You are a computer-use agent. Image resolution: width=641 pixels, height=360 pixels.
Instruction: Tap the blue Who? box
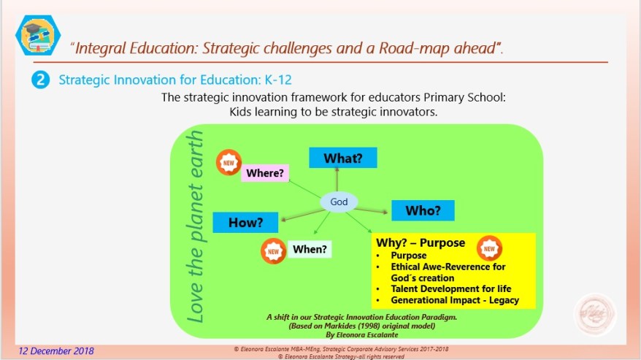point(423,210)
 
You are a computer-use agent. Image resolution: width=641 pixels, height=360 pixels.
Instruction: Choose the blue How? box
point(245,222)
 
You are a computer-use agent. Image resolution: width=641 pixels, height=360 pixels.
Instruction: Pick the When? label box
point(309,249)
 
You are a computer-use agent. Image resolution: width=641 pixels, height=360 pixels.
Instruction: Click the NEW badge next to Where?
point(229,163)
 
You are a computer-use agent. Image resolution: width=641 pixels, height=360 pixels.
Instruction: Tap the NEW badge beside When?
point(274,250)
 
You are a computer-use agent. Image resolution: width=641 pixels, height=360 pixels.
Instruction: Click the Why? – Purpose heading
point(420,242)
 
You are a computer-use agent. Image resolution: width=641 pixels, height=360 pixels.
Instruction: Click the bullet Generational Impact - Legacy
point(455,300)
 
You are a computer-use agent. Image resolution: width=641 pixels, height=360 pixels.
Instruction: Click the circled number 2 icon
point(39,80)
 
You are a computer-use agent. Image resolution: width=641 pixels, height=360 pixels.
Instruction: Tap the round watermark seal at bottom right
point(595,315)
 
